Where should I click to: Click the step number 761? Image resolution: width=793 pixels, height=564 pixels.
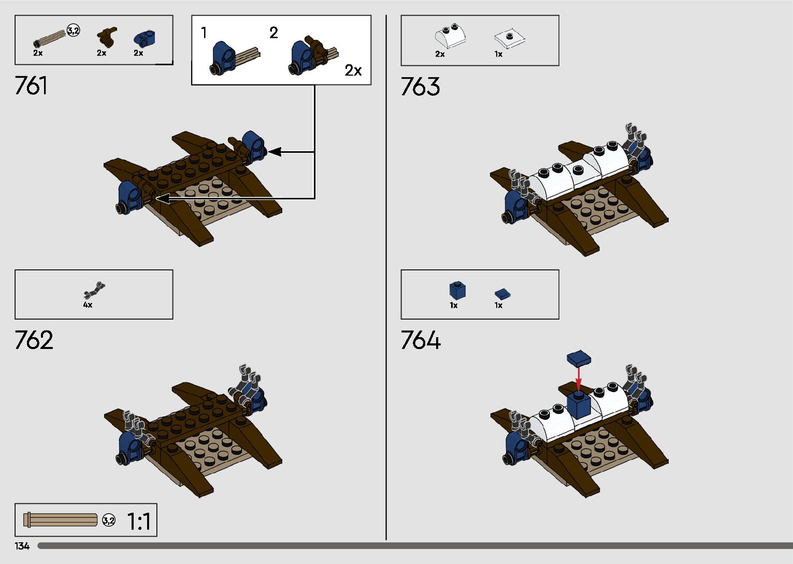pyautogui.click(x=31, y=85)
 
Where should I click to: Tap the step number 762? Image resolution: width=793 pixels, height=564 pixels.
pyautogui.click(x=34, y=340)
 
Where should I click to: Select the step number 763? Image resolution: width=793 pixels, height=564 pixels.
pyautogui.click(x=420, y=86)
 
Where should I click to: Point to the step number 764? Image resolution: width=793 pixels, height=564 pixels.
pyautogui.click(x=421, y=340)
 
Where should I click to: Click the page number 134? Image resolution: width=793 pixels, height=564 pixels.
pyautogui.click(x=22, y=546)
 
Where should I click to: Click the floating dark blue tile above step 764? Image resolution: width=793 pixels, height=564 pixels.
pyautogui.click(x=579, y=358)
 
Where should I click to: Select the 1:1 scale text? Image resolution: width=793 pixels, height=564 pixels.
pyautogui.click(x=139, y=522)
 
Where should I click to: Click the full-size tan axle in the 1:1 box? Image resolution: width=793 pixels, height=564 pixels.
pyautogui.click(x=61, y=519)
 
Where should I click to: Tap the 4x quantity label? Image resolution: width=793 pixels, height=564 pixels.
pyautogui.click(x=88, y=305)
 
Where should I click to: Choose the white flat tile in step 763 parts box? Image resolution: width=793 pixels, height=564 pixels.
pyautogui.click(x=509, y=38)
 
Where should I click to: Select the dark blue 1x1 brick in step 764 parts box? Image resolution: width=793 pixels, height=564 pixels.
pyautogui.click(x=457, y=290)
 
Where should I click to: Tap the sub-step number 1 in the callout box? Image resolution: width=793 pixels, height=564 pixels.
pyautogui.click(x=204, y=33)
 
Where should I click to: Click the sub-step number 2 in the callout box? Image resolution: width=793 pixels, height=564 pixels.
pyautogui.click(x=273, y=33)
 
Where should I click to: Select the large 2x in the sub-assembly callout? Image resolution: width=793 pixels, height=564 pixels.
pyautogui.click(x=353, y=70)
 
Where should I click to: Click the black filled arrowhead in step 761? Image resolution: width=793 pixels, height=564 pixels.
pyautogui.click(x=275, y=152)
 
